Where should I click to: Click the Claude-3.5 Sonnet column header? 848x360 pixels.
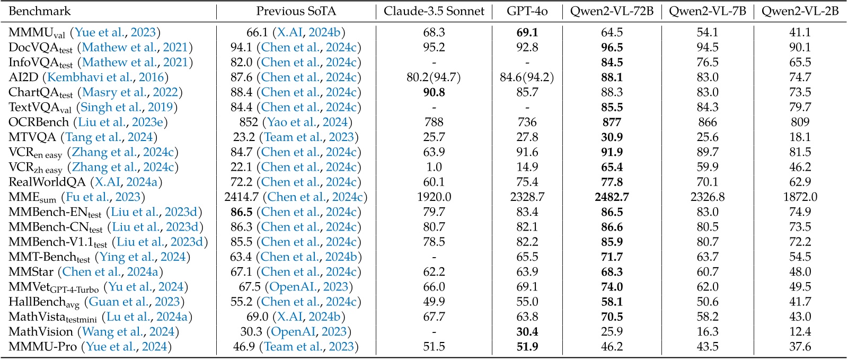pos(434,11)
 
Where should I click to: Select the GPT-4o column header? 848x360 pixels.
pos(527,11)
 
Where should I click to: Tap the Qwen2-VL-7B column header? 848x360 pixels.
pos(707,11)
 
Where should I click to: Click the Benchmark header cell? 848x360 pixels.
pos(40,11)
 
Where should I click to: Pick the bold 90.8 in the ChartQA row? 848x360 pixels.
pos(434,92)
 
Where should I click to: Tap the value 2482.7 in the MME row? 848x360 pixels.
pos(612,197)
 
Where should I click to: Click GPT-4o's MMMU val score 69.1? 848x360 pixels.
pos(527,33)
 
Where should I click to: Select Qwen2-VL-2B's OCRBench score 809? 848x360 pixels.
pos(800,122)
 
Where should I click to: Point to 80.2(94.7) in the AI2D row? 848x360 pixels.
pos(434,77)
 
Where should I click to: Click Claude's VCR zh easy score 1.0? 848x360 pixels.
pos(434,167)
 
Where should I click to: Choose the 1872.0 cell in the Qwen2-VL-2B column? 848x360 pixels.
pos(800,197)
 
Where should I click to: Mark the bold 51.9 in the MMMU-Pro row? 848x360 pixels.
pos(527,347)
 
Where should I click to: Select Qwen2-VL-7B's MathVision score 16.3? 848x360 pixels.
pos(707,332)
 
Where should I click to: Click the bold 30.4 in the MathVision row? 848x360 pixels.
pos(527,332)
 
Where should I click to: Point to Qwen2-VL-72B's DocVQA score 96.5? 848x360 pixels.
pos(612,48)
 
